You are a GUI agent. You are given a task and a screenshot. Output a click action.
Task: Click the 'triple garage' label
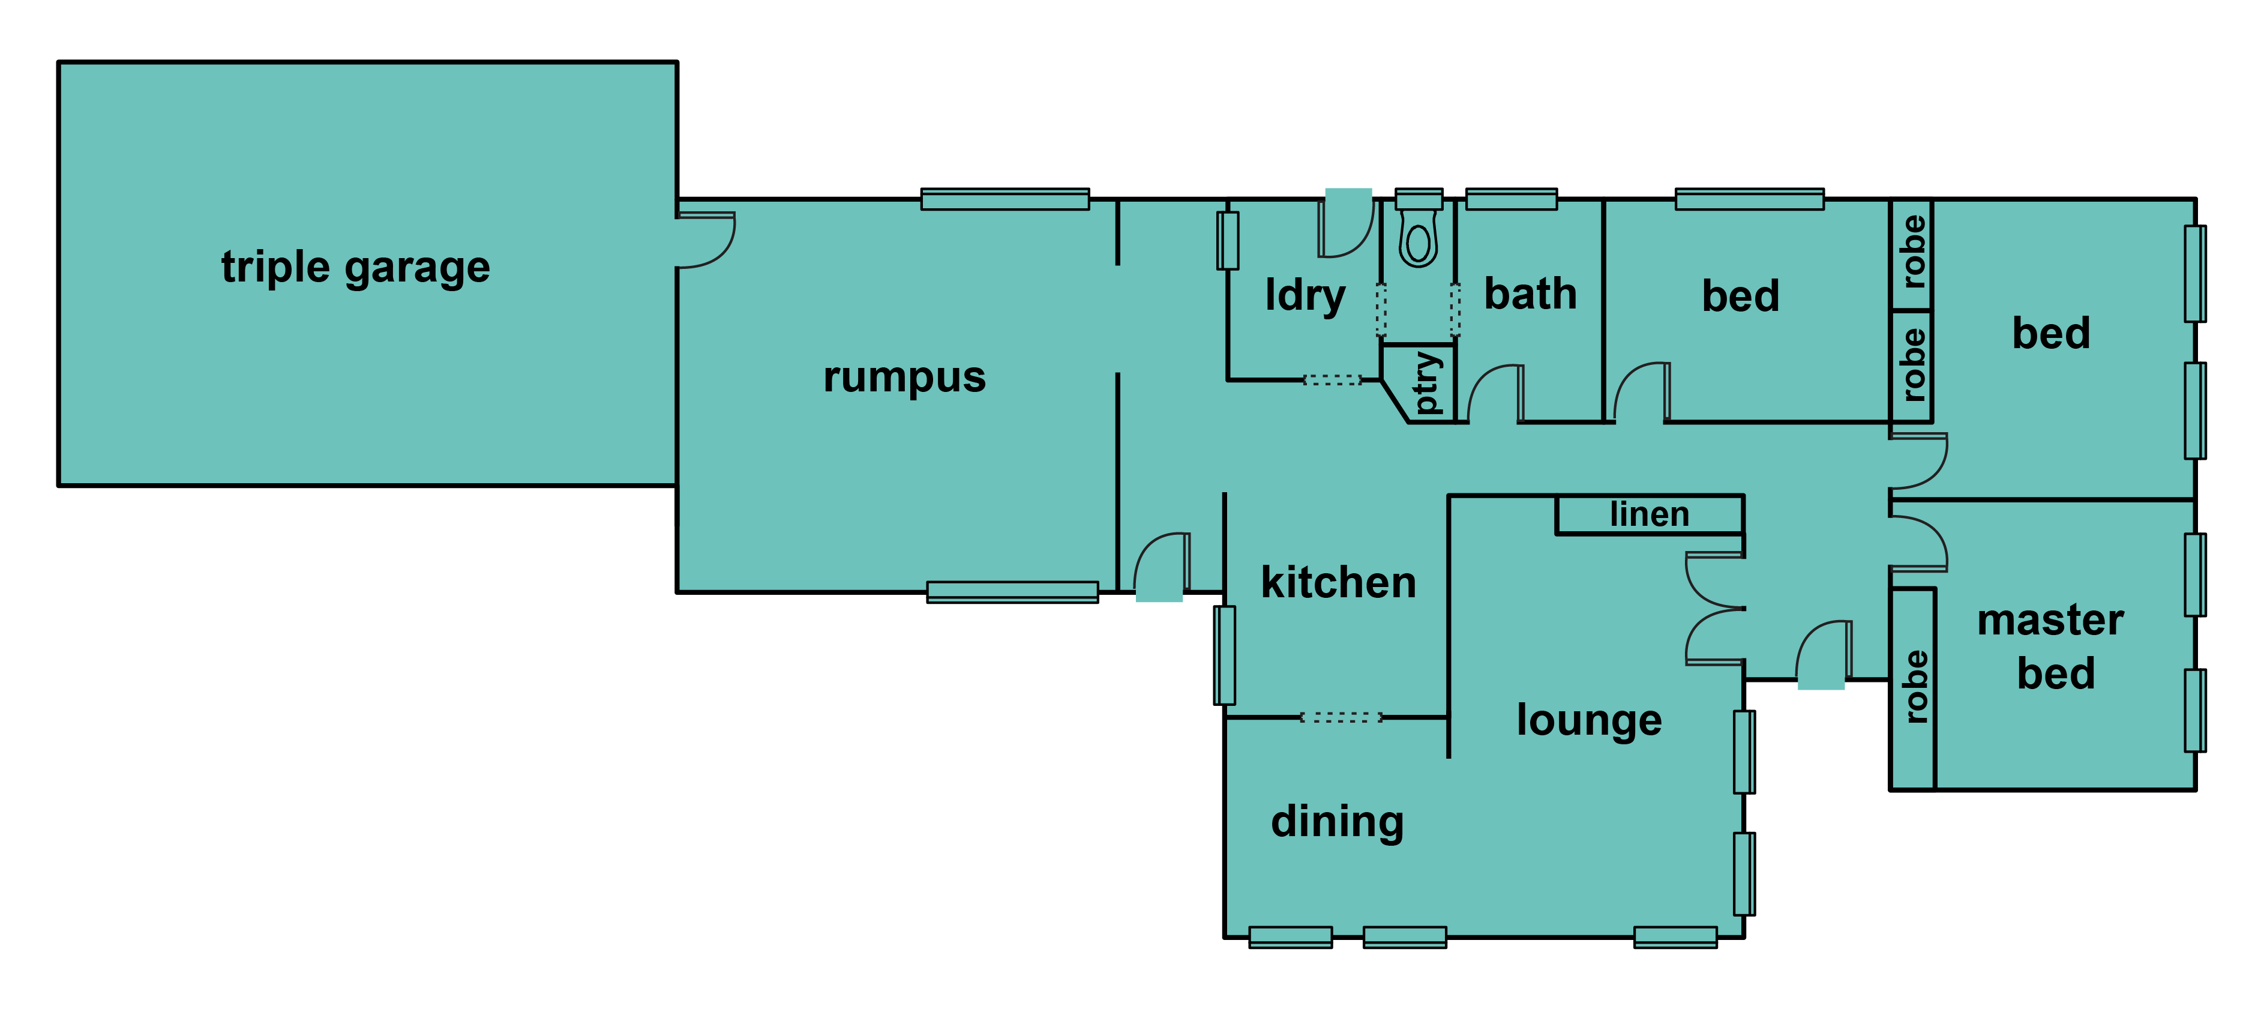[355, 267]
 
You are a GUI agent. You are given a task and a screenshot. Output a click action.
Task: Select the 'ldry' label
[1305, 295]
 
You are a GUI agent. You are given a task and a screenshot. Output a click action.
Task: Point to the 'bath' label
[1530, 294]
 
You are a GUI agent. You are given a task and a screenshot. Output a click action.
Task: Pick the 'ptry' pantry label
[1428, 383]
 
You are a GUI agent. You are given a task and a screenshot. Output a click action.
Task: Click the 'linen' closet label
[1650, 514]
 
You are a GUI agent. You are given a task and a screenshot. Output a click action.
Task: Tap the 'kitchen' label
[1339, 583]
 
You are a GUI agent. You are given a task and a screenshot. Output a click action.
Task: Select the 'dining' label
[1337, 822]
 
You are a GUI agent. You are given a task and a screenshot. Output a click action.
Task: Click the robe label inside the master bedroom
[1914, 686]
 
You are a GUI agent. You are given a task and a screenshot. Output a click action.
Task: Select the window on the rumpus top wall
[1004, 199]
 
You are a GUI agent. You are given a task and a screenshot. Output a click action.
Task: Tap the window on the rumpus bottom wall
[1012, 592]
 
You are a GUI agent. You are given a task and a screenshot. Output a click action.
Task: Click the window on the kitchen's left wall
[1224, 655]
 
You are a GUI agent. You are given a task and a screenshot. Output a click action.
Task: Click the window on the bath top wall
[1511, 199]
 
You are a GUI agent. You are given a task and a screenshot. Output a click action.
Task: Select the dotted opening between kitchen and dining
[1341, 717]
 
